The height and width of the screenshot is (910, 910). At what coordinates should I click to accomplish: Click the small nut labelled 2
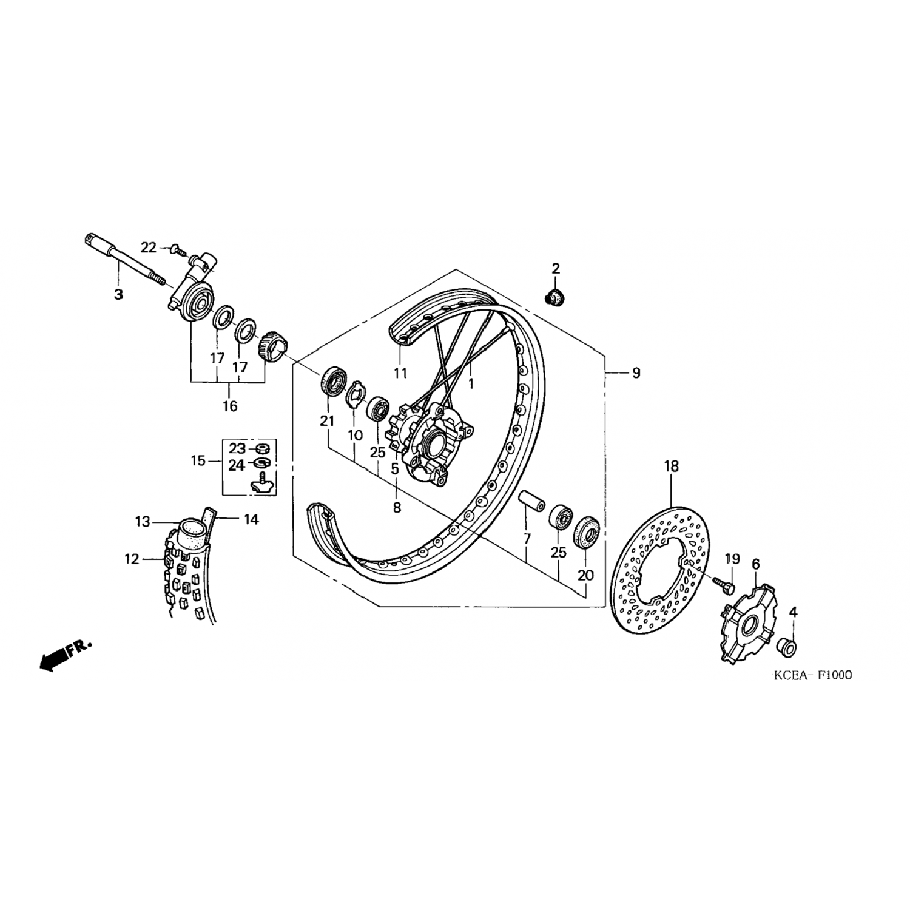pos(553,297)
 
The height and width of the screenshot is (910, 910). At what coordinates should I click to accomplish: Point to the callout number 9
pos(636,372)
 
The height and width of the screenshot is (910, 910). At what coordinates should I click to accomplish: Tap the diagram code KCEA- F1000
pos(812,675)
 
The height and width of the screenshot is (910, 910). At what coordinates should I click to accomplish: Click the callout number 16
pos(230,406)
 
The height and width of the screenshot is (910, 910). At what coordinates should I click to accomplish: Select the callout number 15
pos(198,461)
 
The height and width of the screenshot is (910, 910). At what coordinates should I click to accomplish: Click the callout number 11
pos(400,373)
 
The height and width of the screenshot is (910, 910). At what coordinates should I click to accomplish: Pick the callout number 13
pos(142,522)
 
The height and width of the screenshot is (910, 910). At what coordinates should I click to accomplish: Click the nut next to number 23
pos(263,448)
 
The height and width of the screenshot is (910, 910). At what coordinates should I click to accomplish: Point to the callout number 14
pos(251,519)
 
